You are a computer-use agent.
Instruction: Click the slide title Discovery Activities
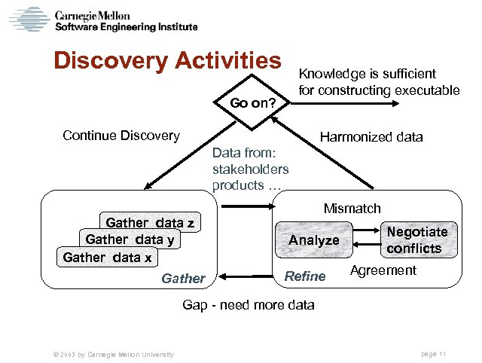(x=166, y=61)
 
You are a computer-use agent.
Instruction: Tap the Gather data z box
(x=150, y=222)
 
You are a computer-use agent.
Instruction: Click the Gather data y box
(x=131, y=239)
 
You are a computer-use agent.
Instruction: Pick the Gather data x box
(x=107, y=258)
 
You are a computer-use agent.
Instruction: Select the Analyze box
(x=314, y=240)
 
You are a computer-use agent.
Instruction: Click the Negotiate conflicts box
(x=416, y=240)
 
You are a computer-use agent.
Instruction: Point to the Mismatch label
(x=352, y=208)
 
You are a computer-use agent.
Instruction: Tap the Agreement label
(x=383, y=270)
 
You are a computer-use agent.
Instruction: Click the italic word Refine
(x=304, y=276)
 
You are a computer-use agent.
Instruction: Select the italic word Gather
(x=183, y=279)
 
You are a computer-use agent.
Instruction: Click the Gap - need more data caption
(x=249, y=305)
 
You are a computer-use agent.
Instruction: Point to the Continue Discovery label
(x=121, y=136)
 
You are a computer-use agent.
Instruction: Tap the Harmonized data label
(x=371, y=137)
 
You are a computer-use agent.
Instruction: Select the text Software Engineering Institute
(x=126, y=26)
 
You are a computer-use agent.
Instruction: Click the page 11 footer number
(x=435, y=354)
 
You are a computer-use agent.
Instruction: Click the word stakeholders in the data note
(x=250, y=169)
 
